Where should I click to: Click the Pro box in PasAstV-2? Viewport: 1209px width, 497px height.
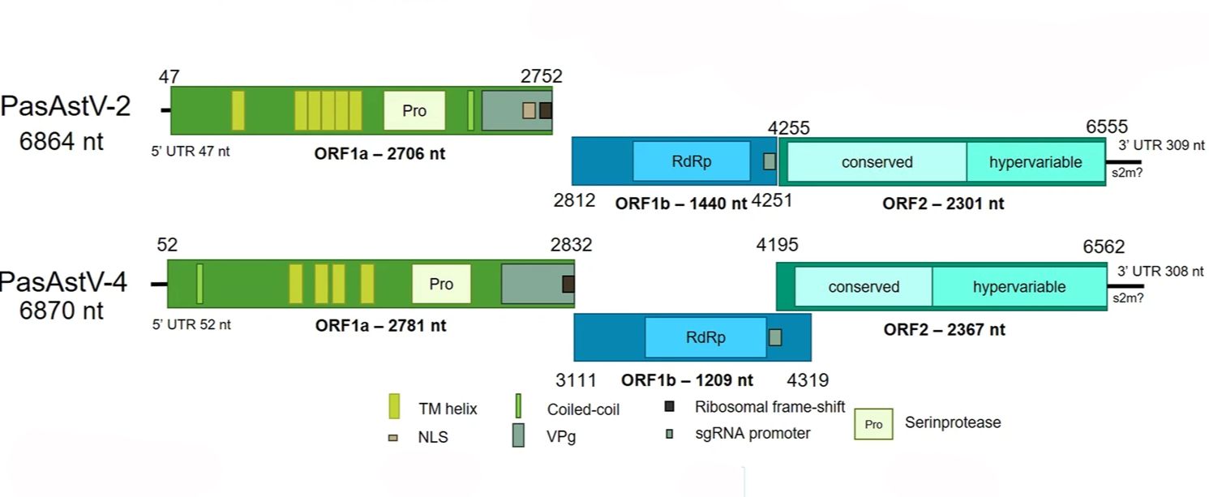[414, 110]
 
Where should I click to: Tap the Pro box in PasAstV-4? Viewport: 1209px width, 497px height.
[441, 285]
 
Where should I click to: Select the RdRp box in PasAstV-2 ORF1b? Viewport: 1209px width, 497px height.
[691, 161]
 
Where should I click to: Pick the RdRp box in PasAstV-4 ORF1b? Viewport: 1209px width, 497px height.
[705, 337]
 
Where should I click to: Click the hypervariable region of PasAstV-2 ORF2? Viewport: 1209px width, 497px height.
[1035, 162]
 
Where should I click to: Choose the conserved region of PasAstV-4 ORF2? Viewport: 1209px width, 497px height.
[864, 287]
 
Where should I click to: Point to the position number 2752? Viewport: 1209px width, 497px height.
[542, 76]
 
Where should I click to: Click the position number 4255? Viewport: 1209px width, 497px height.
[789, 128]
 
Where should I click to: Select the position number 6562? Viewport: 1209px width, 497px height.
[1104, 247]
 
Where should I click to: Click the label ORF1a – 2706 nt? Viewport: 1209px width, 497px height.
[379, 152]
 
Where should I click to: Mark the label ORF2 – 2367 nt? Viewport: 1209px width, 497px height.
[944, 329]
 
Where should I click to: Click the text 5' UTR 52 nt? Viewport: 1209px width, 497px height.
[191, 324]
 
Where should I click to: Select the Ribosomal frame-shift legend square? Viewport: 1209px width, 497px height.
[669, 406]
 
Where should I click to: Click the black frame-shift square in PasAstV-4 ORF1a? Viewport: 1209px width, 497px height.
[568, 284]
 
